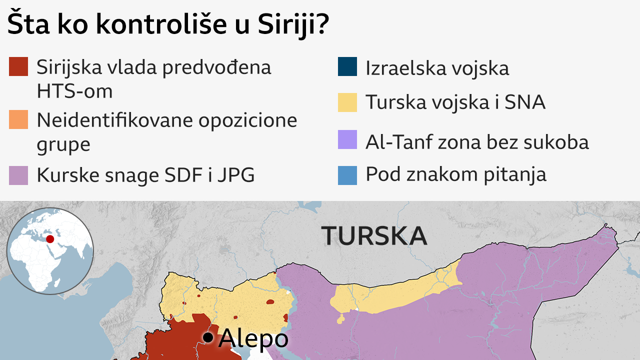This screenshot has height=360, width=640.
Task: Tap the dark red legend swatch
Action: click(x=18, y=67)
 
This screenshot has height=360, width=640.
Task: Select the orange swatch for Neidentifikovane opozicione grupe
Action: click(x=18, y=120)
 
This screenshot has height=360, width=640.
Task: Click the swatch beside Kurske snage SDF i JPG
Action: click(x=18, y=175)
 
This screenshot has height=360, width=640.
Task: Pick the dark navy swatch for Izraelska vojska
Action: click(x=347, y=67)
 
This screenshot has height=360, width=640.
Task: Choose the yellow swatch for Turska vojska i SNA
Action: click(x=347, y=102)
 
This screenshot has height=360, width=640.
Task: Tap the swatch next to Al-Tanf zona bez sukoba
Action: click(x=347, y=140)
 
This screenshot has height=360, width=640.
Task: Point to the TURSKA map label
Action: click(x=374, y=235)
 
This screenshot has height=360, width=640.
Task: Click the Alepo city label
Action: click(x=253, y=338)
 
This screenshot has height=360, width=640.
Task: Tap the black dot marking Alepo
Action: click(x=207, y=338)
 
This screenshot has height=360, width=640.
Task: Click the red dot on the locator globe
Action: click(x=50, y=239)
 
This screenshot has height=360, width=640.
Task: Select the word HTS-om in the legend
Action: click(x=74, y=91)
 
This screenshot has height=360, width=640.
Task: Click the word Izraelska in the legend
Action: click(x=406, y=68)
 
